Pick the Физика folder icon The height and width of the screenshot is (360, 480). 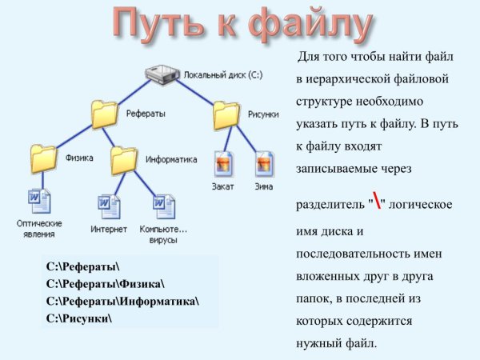click(x=43, y=157)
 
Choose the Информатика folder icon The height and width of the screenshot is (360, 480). click(x=124, y=159)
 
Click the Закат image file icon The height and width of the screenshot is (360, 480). click(x=224, y=164)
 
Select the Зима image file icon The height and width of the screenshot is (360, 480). click(x=264, y=164)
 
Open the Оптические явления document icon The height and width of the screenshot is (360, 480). click(x=38, y=201)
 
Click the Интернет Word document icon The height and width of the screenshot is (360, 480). click(x=108, y=206)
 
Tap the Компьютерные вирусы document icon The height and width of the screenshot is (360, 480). click(x=163, y=206)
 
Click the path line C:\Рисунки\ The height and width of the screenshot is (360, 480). click(x=80, y=318)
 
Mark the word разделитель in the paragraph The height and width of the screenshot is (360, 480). click(x=330, y=204)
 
